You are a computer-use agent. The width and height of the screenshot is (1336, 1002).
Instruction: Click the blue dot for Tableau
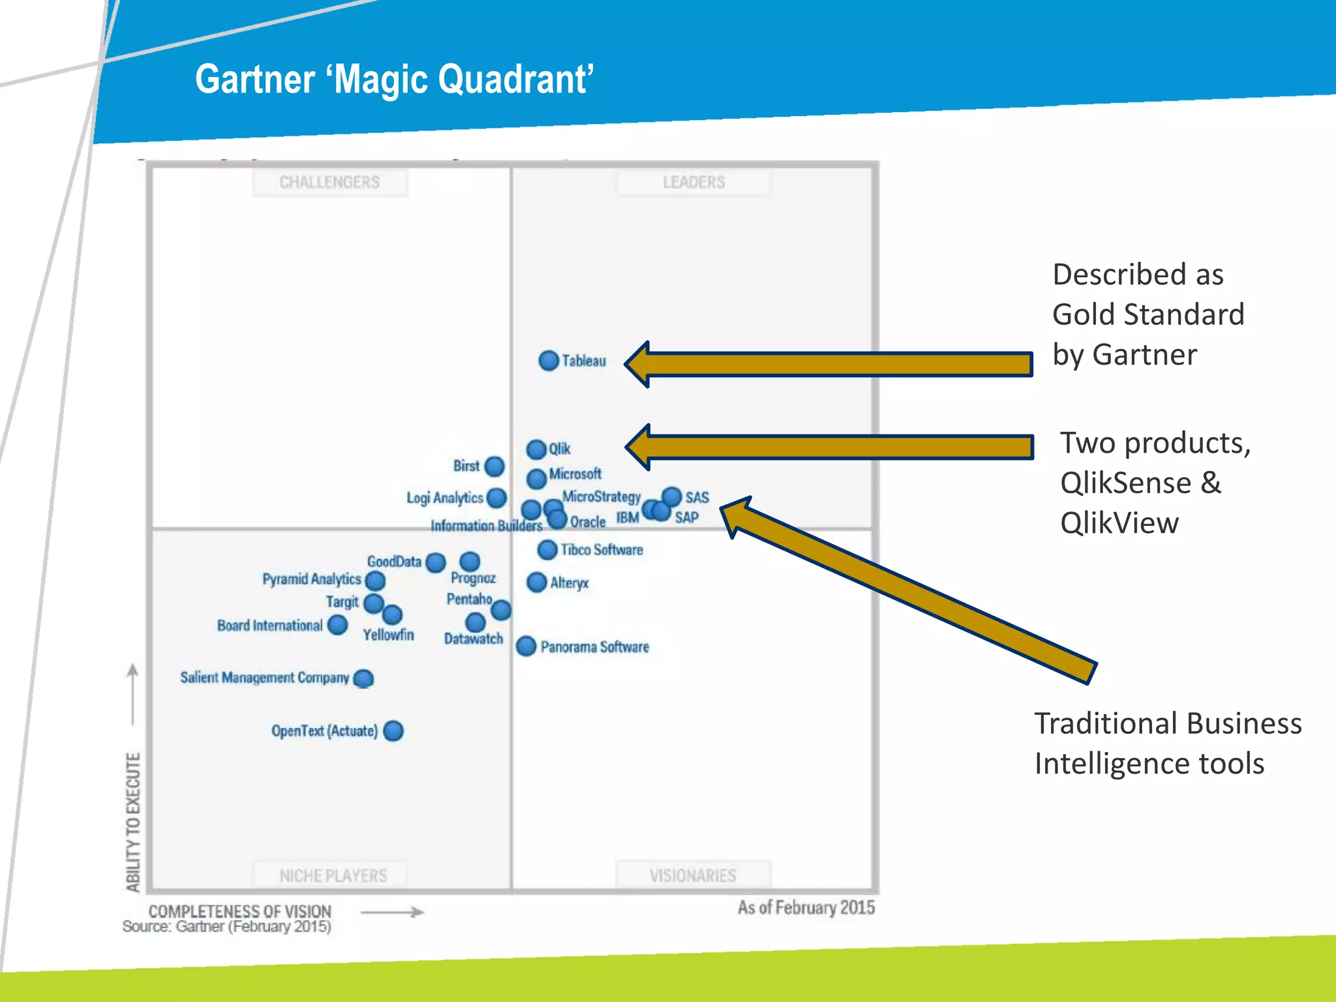(x=549, y=360)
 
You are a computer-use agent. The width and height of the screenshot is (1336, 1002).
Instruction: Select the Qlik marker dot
(x=536, y=449)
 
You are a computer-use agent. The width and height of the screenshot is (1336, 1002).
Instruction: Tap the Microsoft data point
(x=536, y=479)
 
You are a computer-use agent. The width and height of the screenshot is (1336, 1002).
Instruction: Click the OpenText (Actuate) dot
(x=393, y=731)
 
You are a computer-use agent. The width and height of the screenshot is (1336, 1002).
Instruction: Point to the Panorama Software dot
(x=526, y=646)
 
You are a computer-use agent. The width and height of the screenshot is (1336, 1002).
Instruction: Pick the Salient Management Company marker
(x=363, y=678)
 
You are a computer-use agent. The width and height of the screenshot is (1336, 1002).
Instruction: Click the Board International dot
(x=337, y=625)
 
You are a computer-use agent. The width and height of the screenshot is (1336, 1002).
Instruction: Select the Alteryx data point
(x=536, y=582)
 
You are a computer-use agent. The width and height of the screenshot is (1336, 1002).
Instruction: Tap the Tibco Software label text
(x=601, y=550)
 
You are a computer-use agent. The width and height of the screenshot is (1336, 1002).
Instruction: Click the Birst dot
(x=494, y=466)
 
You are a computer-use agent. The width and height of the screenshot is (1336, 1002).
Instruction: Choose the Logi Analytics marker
(x=496, y=498)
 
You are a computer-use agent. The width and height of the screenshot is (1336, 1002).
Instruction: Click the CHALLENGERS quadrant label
(x=329, y=182)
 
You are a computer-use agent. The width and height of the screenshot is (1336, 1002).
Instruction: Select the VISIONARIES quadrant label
(x=693, y=875)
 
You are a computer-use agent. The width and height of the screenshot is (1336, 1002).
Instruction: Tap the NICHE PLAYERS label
(x=333, y=875)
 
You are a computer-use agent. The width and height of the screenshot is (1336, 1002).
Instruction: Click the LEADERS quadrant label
(x=693, y=182)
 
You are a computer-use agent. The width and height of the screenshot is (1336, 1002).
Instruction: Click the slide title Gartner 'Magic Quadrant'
(x=394, y=79)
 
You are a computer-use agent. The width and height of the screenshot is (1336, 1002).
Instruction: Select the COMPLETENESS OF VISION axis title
(x=239, y=911)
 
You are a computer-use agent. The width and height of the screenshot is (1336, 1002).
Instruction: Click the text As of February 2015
(x=806, y=907)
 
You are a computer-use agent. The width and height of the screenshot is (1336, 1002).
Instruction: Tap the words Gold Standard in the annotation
(x=1148, y=314)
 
